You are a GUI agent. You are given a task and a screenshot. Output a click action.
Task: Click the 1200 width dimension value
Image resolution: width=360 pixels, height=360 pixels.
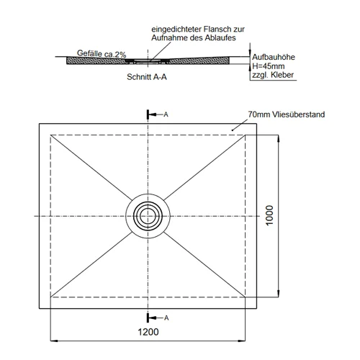coord(148,332)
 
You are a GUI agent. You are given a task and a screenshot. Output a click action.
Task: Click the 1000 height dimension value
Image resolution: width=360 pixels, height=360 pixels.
coord(269,215)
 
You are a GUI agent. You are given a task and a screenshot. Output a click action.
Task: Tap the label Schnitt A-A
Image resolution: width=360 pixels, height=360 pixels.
coord(147,77)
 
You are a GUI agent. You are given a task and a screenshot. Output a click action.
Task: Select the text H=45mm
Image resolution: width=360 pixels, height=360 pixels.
coord(269,66)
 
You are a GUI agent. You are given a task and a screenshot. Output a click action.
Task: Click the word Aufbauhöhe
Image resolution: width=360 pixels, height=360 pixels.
coord(274,57)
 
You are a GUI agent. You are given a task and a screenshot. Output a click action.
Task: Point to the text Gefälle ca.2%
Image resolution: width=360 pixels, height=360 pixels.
coord(102,53)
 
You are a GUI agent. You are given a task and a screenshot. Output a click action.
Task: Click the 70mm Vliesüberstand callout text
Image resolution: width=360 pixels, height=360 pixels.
coord(287,114)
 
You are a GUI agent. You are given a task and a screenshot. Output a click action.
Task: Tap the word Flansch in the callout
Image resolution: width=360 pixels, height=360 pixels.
coord(217,30)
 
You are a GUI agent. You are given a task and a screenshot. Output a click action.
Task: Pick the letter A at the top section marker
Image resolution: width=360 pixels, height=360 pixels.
coord(166,114)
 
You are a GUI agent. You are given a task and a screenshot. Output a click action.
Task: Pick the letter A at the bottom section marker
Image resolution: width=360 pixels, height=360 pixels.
coord(166,318)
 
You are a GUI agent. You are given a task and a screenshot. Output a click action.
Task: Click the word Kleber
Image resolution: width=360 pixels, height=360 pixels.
coord(283,75)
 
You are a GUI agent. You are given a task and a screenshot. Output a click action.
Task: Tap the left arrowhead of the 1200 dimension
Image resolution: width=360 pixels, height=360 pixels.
coord(54,341)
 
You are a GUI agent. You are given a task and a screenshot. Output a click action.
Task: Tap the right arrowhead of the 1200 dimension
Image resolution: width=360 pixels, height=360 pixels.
coord(241,341)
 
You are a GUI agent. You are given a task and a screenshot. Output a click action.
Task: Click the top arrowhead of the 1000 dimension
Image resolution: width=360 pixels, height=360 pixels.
coord(279,139)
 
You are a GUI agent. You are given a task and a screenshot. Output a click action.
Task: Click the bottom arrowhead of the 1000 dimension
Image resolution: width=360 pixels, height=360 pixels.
coord(279,293)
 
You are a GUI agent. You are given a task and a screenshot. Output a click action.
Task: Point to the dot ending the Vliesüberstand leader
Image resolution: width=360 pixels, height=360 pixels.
coord(232,130)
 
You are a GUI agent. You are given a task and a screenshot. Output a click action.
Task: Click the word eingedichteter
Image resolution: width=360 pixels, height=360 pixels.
coord(176,30)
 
